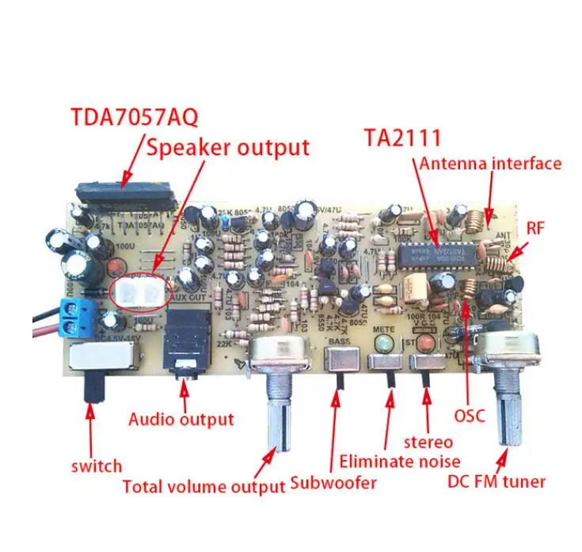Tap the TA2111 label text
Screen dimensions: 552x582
click(401, 136)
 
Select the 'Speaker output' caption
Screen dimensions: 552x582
click(226, 147)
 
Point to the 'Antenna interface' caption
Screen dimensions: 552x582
click(490, 164)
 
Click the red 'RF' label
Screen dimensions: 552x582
click(536, 229)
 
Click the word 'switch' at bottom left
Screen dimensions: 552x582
click(96, 466)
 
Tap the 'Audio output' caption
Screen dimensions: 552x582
click(181, 419)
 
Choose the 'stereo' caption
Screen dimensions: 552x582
click(428, 441)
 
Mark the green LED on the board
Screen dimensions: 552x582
click(384, 344)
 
